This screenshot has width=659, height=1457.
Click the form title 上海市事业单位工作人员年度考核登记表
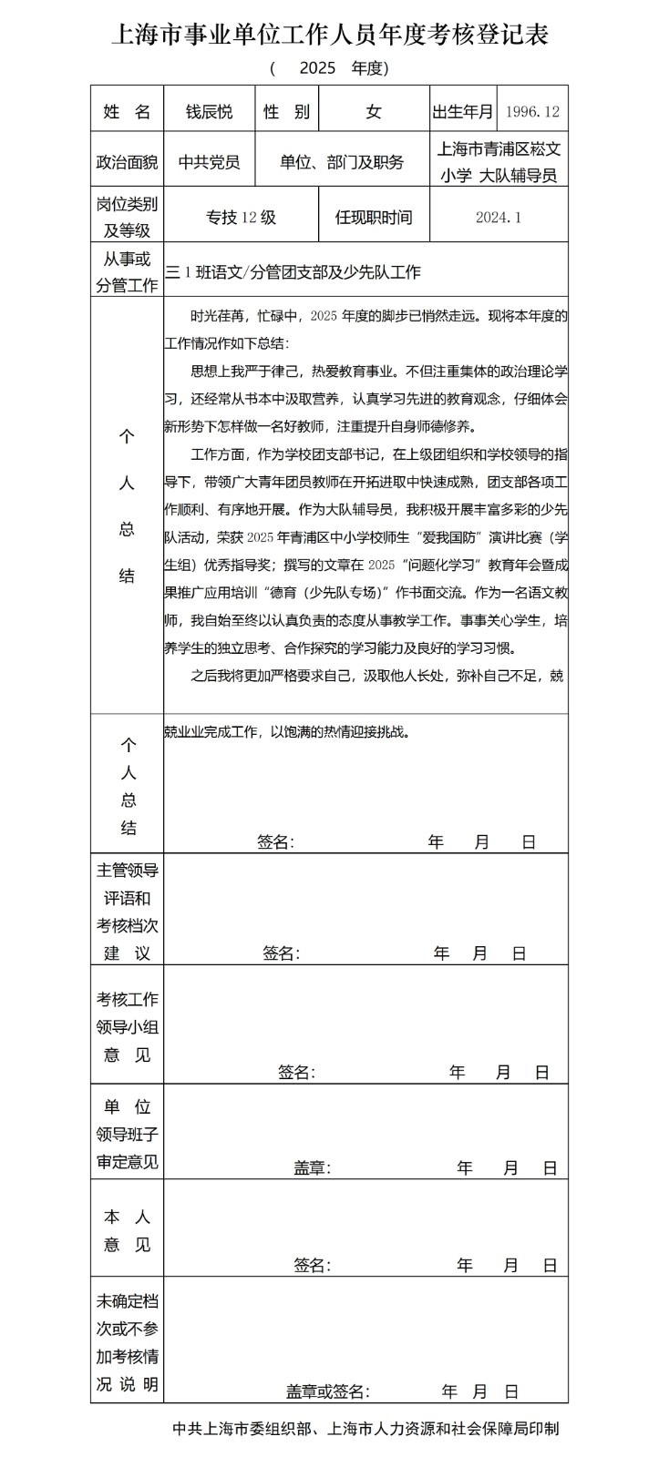[329, 36]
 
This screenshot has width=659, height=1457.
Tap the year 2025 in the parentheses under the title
[317, 68]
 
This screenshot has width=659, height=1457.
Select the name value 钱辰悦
[210, 112]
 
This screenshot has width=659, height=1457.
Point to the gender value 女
[374, 112]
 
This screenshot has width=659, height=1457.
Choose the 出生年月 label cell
[463, 112]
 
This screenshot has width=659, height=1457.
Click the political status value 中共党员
[210, 162]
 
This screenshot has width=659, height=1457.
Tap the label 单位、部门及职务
[342, 162]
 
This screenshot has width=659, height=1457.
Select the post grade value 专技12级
[241, 217]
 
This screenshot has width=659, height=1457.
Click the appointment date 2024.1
[499, 217]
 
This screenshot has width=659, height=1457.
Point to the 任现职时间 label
[374, 217]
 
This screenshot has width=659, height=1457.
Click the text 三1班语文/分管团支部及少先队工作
[293, 271]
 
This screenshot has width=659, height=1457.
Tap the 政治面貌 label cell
[127, 162]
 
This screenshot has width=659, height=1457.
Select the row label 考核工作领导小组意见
[127, 1027]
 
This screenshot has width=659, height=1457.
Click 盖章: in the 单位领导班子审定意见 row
[312, 1168]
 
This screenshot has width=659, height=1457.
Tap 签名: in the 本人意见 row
[312, 1265]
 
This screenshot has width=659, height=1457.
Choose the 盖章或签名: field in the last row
[327, 1391]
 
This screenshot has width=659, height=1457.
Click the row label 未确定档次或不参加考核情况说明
[127, 1343]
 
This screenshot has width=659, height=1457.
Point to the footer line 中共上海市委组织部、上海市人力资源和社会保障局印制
[366, 1429]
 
